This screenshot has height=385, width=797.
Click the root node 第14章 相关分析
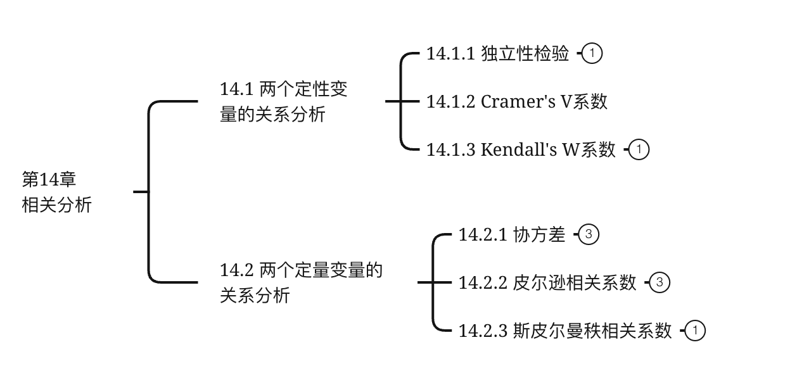tap(57, 192)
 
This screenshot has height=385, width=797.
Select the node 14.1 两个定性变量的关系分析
tap(283, 101)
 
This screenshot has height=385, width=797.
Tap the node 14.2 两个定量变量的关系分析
tap(301, 282)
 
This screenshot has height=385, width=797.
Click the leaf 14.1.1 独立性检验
tap(498, 53)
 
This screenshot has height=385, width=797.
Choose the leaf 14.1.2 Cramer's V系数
tap(517, 101)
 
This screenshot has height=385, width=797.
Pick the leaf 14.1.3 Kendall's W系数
tap(521, 149)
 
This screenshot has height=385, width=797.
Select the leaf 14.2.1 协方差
tap(512, 235)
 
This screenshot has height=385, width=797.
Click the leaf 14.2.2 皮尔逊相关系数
tap(547, 282)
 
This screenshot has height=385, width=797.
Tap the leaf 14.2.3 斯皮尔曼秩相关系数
tap(565, 331)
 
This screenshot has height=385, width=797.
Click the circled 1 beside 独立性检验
tap(592, 53)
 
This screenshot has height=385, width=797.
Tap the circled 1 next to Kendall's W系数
tap(639, 149)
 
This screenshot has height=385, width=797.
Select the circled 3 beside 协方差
tap(589, 235)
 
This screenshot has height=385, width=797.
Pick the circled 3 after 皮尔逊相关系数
tap(660, 282)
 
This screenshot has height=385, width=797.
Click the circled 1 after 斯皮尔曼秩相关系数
tap(695, 331)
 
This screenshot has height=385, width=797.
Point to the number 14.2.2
tap(483, 282)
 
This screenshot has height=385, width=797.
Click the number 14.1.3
tap(450, 149)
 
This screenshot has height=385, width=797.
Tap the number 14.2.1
tap(483, 235)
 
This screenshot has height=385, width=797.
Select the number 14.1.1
tap(450, 53)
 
